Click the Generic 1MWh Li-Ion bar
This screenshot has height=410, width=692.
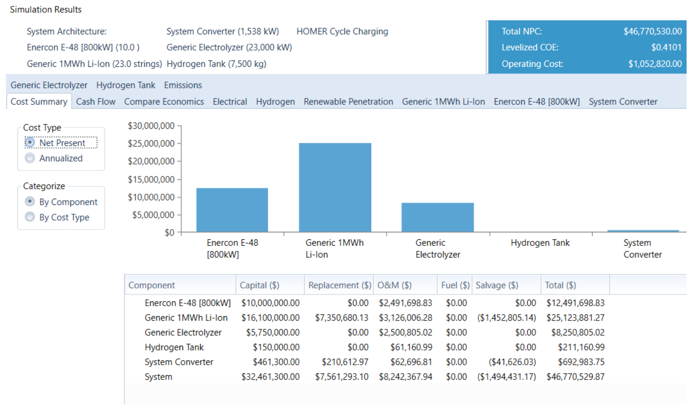click(335, 187)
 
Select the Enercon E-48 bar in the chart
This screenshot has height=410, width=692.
click(232, 210)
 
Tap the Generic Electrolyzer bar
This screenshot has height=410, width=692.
click(437, 217)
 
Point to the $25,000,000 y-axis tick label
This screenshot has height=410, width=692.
click(151, 144)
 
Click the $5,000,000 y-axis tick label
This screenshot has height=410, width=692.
click(153, 215)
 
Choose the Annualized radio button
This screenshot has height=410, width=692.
click(30, 158)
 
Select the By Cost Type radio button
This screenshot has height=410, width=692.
click(30, 217)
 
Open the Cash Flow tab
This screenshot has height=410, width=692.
click(96, 102)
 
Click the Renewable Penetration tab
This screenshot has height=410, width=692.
click(348, 102)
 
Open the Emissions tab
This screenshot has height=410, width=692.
click(183, 85)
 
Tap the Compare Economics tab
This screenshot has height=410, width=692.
click(164, 102)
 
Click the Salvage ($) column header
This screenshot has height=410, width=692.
click(497, 285)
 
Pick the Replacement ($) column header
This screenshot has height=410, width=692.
click(340, 285)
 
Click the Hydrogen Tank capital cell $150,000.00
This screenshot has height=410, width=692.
click(276, 348)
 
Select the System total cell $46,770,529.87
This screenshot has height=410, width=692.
click(575, 377)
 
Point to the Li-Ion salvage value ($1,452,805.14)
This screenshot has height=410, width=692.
click(507, 318)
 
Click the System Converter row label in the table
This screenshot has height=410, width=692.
click(179, 362)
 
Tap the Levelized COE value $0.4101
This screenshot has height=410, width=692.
click(666, 47)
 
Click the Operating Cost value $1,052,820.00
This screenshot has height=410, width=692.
click(655, 64)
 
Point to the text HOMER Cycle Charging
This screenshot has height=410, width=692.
click(342, 31)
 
